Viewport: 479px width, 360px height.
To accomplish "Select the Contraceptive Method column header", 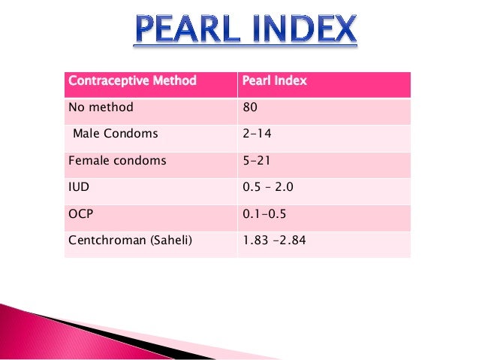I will click(x=132, y=81).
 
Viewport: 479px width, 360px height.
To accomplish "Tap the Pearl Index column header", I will click(x=275, y=81).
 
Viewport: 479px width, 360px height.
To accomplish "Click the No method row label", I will click(x=101, y=107).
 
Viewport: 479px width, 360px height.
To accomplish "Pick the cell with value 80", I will click(x=250, y=107).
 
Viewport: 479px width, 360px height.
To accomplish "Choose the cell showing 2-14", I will click(x=258, y=134).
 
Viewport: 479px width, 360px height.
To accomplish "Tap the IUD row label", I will click(x=77, y=187).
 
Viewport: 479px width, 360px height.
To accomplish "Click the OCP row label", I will click(x=80, y=213).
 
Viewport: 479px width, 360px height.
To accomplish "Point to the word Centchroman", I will click(x=102, y=241).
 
